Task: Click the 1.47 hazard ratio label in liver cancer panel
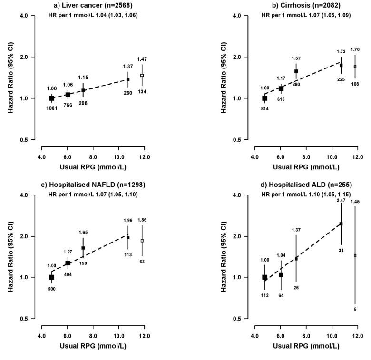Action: point(142,59)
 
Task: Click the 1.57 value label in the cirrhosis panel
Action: point(296,58)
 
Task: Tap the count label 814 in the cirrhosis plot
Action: point(264,108)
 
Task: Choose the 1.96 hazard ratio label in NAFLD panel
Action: point(128,220)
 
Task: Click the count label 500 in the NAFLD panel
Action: point(51,288)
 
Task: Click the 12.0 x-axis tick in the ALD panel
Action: point(358,328)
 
